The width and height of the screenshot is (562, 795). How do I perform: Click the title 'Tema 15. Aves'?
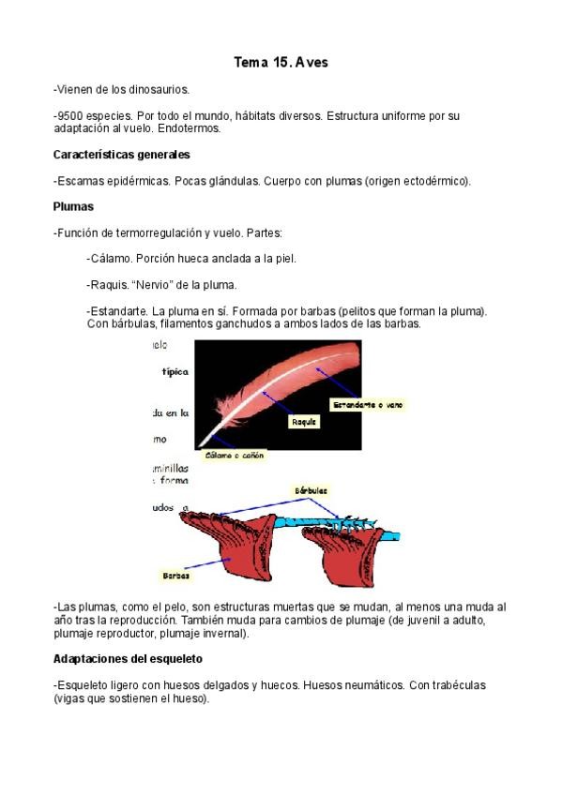pos(281,63)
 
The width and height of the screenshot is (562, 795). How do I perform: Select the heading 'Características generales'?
pos(122,154)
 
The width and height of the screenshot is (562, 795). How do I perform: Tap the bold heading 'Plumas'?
pos(73,205)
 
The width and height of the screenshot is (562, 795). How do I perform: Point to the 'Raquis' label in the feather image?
pos(306,422)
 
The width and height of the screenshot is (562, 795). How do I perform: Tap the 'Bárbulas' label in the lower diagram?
pos(311,490)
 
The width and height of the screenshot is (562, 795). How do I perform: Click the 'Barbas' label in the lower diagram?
pos(176,576)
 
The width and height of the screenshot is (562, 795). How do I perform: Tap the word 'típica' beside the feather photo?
pos(175,371)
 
